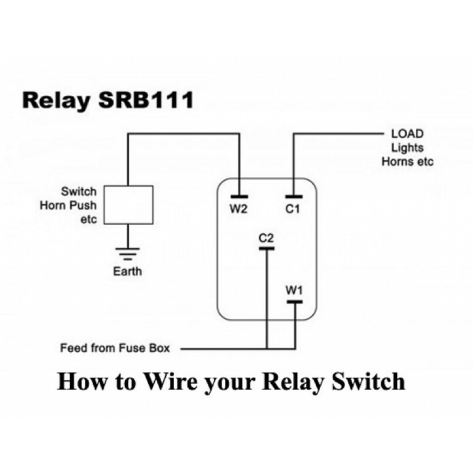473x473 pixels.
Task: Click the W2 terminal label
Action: point(239,209)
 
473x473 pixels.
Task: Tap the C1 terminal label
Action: point(293,209)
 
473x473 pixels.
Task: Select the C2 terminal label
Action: point(267,238)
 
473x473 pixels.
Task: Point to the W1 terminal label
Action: point(294,290)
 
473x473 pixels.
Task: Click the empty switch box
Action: point(129,205)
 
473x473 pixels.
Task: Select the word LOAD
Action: point(407,134)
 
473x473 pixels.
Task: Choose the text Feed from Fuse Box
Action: point(115,348)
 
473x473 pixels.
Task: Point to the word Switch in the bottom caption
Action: point(367,381)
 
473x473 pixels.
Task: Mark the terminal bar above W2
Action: point(239,196)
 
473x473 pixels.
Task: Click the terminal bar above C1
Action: point(293,196)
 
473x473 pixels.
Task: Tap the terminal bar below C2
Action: point(267,248)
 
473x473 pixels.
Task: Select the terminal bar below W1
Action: point(294,302)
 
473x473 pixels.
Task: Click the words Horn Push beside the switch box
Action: point(68,206)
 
